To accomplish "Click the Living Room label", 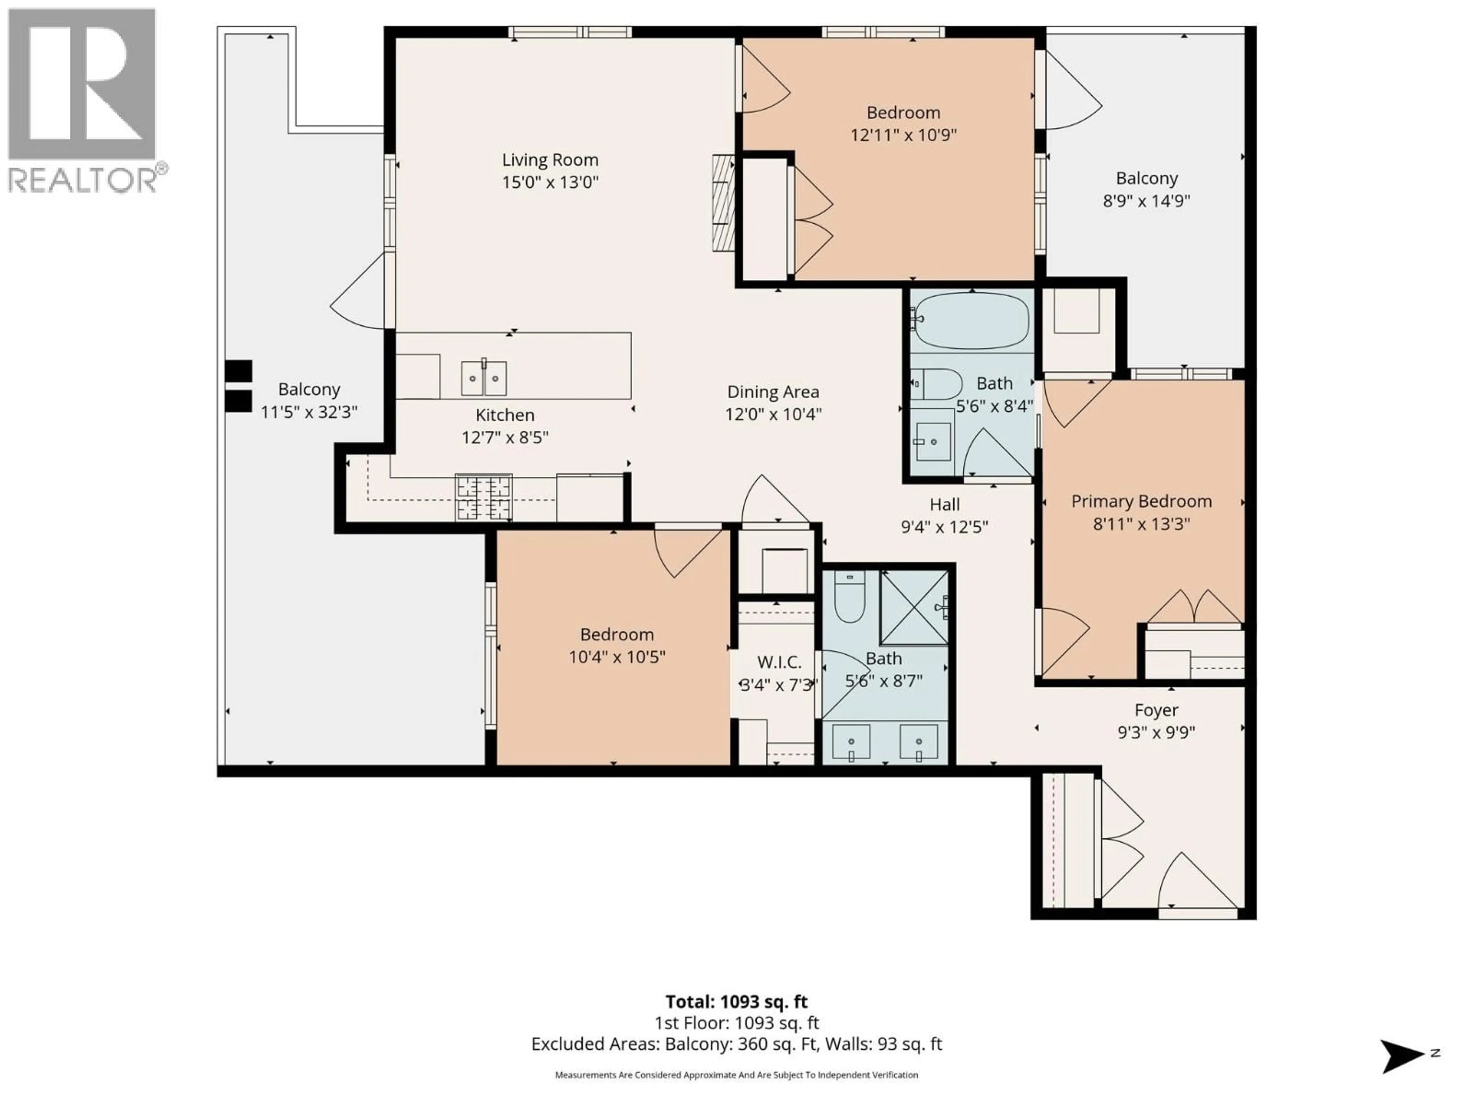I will [x=550, y=160].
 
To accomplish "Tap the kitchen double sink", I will [x=484, y=378].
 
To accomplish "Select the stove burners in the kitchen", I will [x=483, y=497].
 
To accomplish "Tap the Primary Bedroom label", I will [x=1141, y=501].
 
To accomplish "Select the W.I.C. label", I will [x=779, y=662].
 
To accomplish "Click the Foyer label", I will [x=1156, y=710].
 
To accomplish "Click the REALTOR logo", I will [x=82, y=100].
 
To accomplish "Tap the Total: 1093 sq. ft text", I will [x=736, y=1002].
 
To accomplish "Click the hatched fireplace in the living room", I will [x=723, y=203].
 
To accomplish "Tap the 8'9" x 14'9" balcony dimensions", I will [x=1146, y=201].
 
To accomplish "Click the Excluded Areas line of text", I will [x=736, y=1044].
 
